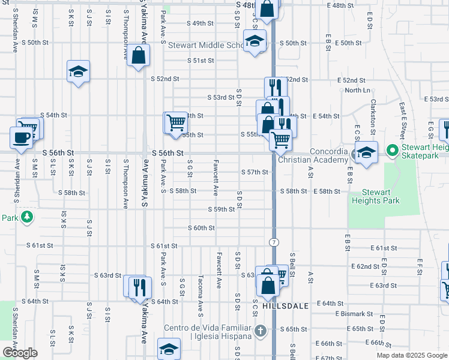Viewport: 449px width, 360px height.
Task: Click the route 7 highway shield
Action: (274, 241)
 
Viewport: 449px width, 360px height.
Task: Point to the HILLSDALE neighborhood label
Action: (280, 305)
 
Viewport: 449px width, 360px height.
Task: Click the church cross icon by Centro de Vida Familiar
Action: (259, 330)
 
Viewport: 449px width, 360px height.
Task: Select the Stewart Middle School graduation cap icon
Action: (255, 41)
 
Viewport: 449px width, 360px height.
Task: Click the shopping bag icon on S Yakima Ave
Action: (139, 55)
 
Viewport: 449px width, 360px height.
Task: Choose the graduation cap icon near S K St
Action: (78, 71)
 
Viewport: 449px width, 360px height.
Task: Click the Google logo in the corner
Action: (20, 353)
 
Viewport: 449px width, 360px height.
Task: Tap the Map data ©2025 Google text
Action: (411, 355)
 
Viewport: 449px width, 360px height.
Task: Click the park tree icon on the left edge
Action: (26, 217)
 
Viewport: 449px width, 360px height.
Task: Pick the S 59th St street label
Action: (221, 209)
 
